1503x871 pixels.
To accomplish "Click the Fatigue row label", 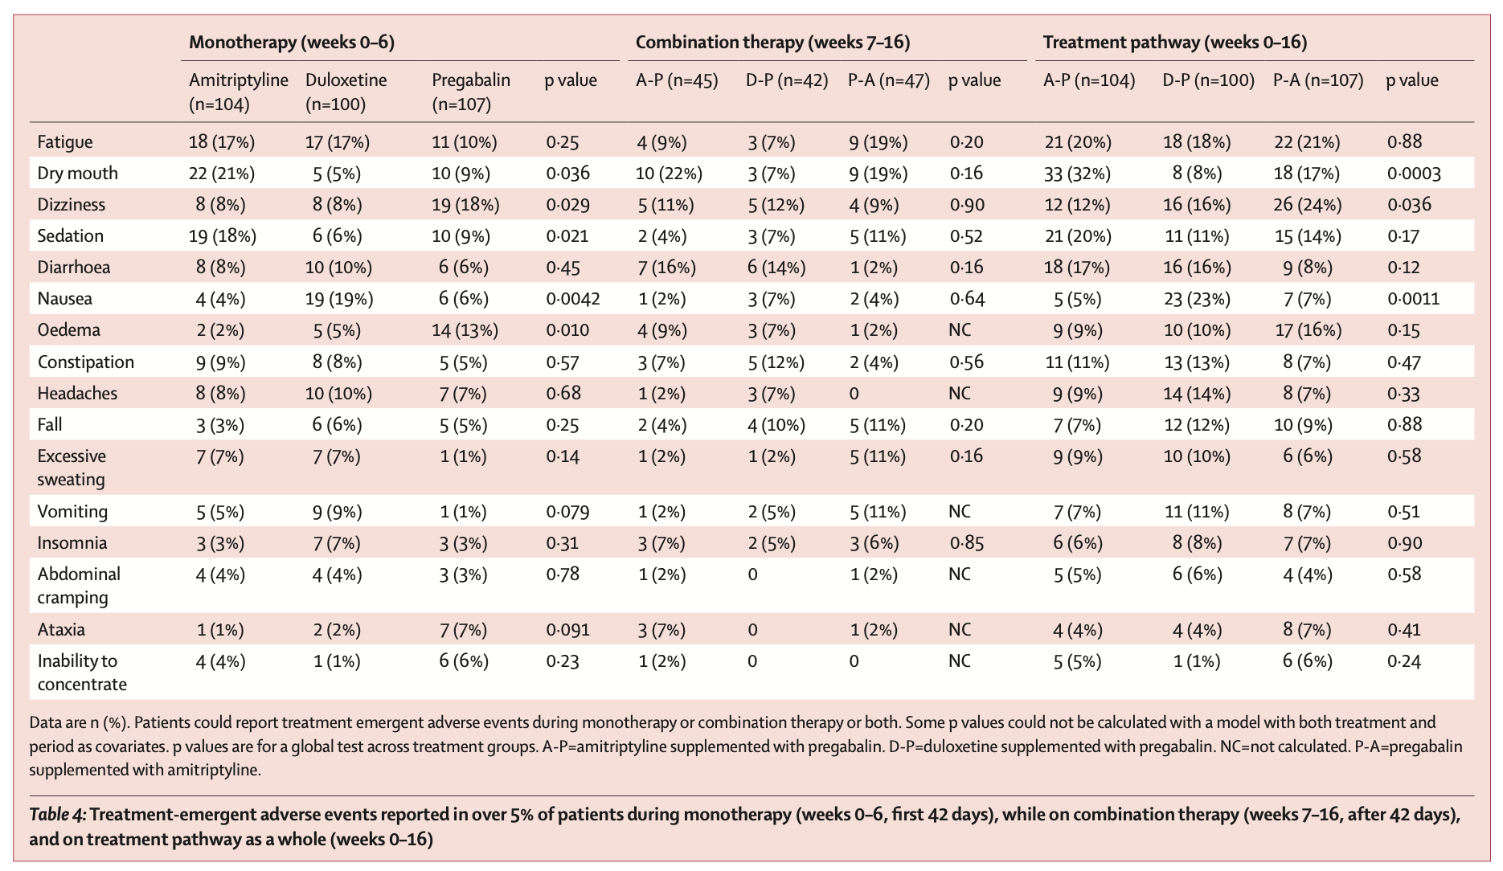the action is [65, 142].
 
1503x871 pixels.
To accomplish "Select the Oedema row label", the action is [69, 330].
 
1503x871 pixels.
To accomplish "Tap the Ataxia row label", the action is [61, 630].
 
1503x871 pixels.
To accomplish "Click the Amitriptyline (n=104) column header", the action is [239, 92].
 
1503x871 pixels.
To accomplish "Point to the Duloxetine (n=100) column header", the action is [346, 92].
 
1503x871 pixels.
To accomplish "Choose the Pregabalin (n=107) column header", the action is [471, 92].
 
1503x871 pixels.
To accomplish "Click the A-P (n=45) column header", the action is [677, 81].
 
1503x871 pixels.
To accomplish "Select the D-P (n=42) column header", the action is [787, 81].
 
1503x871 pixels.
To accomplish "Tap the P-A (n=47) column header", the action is [889, 81].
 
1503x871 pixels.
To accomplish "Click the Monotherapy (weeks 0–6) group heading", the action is [292, 43].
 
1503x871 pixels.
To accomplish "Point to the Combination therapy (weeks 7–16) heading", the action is [773, 43].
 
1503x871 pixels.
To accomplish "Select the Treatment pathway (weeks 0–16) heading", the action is [1175, 43].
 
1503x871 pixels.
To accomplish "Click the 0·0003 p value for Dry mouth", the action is [1414, 174].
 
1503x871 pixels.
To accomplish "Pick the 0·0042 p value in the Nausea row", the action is [572, 299].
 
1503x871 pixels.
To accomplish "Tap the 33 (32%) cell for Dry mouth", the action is [1078, 174].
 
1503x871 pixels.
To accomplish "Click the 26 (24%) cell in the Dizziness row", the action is [1308, 205].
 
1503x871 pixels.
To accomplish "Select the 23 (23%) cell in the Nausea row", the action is [1197, 299].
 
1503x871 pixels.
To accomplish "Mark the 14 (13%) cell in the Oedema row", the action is [465, 330].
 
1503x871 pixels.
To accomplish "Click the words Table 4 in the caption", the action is [57, 815].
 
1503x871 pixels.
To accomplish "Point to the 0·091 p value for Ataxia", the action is [567, 630].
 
